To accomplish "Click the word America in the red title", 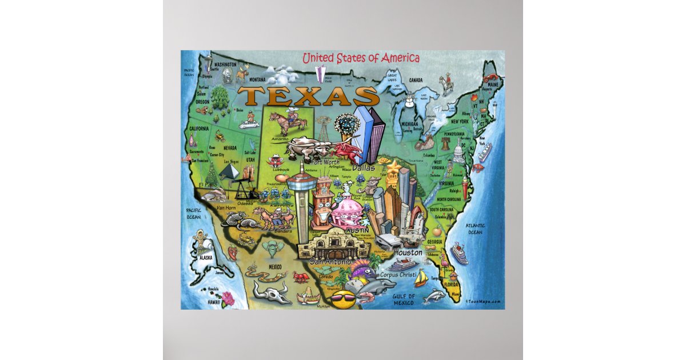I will (400, 58).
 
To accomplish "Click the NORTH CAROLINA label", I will (452, 199).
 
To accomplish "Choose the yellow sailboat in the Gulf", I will (421, 278).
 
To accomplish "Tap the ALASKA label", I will (204, 258).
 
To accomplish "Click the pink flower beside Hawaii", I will (229, 297).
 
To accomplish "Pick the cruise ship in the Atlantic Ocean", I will (458, 253).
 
